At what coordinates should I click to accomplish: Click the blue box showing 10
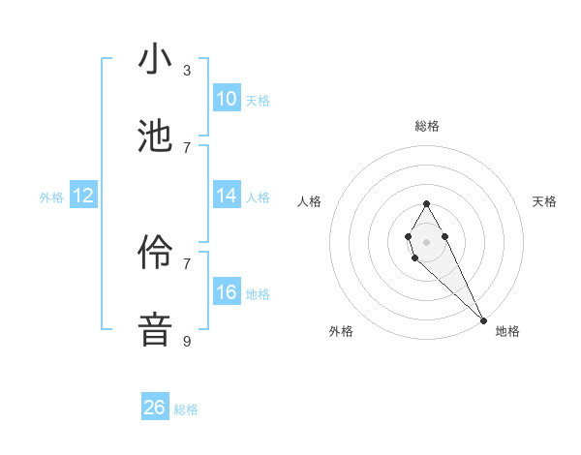point(227,98)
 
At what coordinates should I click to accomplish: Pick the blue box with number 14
point(227,195)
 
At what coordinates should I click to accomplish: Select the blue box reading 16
point(227,291)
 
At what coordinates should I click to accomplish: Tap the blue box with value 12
point(83,196)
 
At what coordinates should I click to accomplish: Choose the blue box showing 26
point(155,408)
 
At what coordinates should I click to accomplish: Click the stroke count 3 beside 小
point(187,70)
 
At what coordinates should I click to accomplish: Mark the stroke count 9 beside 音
point(187,341)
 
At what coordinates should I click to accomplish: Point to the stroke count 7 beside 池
point(187,147)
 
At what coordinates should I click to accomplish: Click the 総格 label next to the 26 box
point(186,409)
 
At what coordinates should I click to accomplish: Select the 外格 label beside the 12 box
point(51,197)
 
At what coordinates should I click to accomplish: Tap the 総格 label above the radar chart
point(426,126)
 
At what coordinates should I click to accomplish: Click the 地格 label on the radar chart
point(507,331)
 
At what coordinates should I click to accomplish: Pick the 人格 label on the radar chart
point(310,201)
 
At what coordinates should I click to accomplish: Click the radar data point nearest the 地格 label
point(483,320)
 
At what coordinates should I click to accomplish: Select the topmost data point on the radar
point(426,202)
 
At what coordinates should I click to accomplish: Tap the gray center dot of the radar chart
point(426,240)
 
